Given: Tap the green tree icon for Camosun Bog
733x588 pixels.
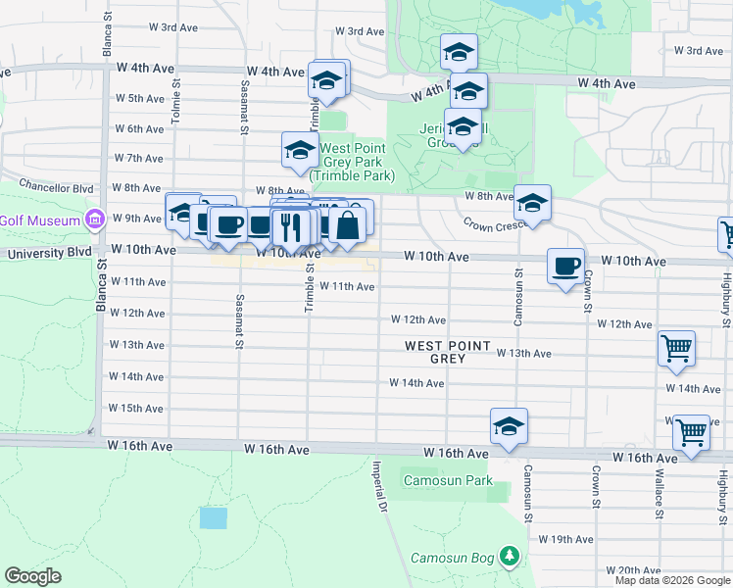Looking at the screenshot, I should tap(509, 558).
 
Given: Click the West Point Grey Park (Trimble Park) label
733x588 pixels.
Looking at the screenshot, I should tap(352, 162).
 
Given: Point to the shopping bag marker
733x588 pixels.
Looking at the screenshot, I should tap(348, 225).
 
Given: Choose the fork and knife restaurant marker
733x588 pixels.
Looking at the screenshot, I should tap(290, 228).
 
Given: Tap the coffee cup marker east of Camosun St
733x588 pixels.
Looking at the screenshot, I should tap(565, 267).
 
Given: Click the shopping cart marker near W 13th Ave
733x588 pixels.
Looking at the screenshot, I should tap(676, 348).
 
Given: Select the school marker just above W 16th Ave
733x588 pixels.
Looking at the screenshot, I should tap(509, 426).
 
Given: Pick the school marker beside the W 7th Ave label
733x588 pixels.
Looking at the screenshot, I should tap(300, 151).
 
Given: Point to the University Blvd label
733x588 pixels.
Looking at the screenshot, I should tap(48, 253).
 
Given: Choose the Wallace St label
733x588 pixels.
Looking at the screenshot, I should tap(659, 500).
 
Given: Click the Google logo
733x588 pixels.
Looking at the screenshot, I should tap(33, 576).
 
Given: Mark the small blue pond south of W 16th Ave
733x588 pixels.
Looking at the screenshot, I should tap(212, 517).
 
